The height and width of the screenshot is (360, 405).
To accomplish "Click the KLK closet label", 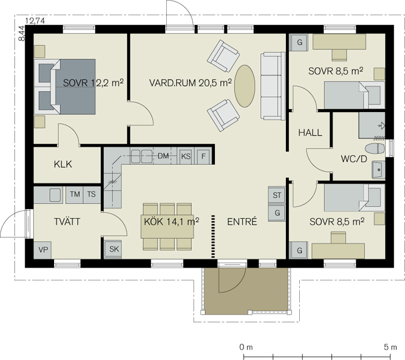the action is tap(63, 164).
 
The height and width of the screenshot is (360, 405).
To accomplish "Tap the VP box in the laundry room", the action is tap(43, 250).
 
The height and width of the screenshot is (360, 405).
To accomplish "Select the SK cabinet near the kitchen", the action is tap(113, 249).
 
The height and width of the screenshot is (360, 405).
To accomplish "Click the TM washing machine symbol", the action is tap(74, 195).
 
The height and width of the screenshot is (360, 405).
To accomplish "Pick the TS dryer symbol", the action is tap(91, 195).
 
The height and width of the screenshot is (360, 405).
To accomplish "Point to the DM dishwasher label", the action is tap(163, 156).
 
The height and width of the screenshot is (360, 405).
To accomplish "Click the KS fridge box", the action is tap(186, 156).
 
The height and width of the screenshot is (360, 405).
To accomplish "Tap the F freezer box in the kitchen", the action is tap(203, 156).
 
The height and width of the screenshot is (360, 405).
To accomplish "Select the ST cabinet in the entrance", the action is tap(277, 195).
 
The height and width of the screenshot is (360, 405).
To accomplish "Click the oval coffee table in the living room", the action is tap(245, 86).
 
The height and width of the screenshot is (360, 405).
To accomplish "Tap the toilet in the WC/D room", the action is tap(375, 149).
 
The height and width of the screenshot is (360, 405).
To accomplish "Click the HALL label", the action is tap(310, 132).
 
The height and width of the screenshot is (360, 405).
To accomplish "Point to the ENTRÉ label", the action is tap(242, 221).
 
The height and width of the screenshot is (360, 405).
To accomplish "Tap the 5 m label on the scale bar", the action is tap(390, 347).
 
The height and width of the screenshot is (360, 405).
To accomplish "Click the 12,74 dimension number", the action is tap(35, 21).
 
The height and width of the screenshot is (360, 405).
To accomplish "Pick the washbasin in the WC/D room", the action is tap(378, 170).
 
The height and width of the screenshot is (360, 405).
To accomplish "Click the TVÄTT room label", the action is tap(67, 222).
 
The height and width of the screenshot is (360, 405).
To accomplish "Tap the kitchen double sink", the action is tap(141, 156).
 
